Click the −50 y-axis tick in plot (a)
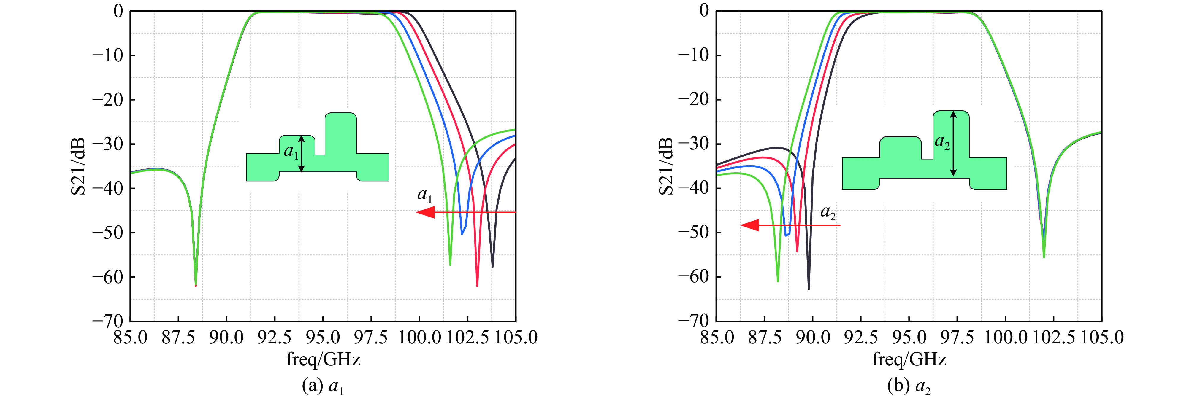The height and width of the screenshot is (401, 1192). pyautogui.click(x=107, y=232)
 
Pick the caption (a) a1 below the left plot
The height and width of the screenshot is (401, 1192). pyautogui.click(x=323, y=386)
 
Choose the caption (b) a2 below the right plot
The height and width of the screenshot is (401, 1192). pyautogui.click(x=909, y=386)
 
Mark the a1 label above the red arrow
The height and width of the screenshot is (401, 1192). pyautogui.click(x=425, y=195)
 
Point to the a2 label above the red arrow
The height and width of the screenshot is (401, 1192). pyautogui.click(x=828, y=212)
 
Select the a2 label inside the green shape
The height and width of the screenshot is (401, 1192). pyautogui.click(x=942, y=142)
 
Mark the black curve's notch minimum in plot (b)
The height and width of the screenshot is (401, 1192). pyautogui.click(x=809, y=289)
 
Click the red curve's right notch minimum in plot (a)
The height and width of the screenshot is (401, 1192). pyautogui.click(x=477, y=286)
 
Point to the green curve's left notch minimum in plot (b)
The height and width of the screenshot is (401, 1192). pyautogui.click(x=778, y=281)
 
